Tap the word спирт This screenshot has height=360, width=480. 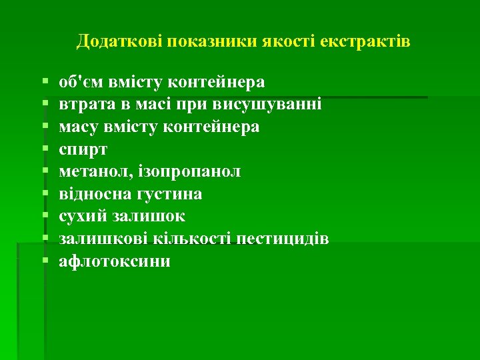(79, 149)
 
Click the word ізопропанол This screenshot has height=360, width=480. (191, 171)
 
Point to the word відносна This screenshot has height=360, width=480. (90, 194)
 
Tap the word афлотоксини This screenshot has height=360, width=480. (115, 261)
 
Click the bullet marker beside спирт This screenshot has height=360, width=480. (44, 149)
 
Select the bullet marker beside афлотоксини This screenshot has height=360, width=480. (44, 261)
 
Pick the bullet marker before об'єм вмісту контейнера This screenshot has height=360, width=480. (44, 82)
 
